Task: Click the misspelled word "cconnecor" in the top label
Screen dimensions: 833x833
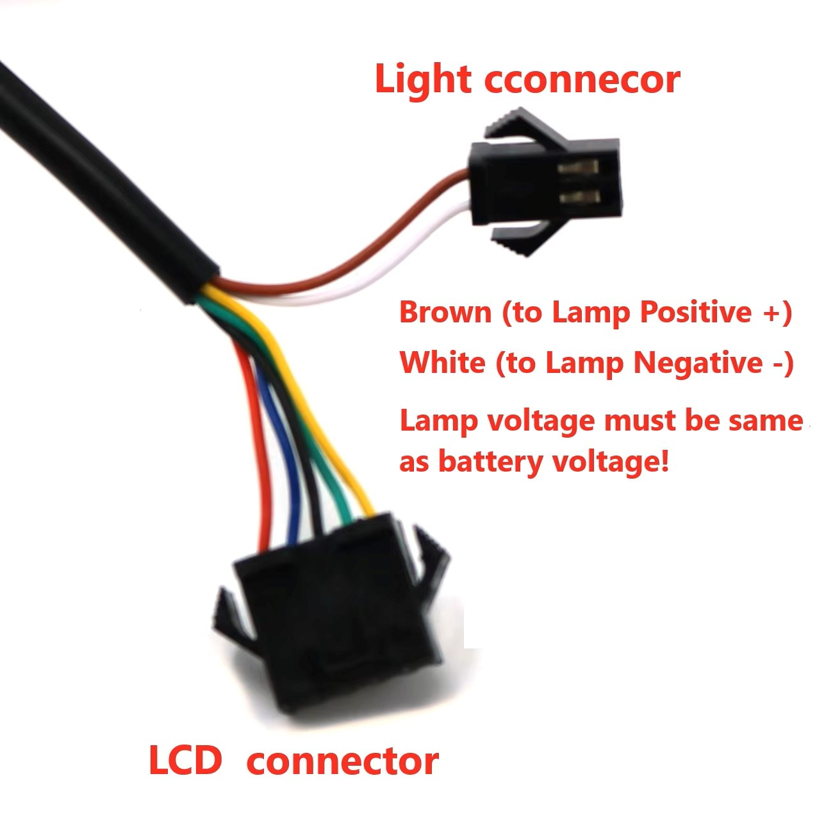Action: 582,79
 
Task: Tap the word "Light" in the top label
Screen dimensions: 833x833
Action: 422,79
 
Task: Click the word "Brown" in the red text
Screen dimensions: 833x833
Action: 445,312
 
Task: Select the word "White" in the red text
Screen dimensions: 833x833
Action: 441,362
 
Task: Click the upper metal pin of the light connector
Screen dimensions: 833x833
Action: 577,167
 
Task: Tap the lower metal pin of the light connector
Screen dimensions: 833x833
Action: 579,197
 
